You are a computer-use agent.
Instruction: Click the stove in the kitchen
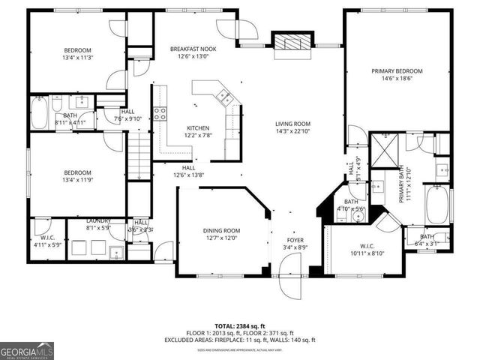pyautogui.click(x=160, y=113)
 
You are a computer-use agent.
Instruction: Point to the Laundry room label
pyautogui.click(x=99, y=223)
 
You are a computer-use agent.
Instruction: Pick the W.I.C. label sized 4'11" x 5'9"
pyautogui.click(x=46, y=241)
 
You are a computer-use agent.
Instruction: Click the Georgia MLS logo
pyautogui.click(x=25, y=350)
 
